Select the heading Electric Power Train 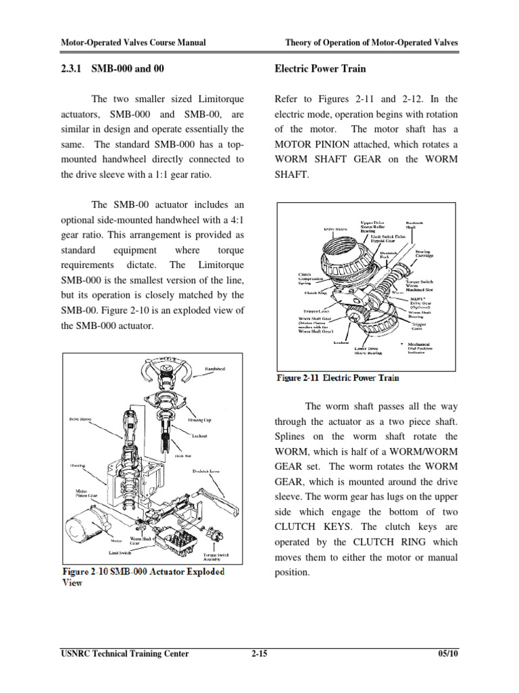pos(320,69)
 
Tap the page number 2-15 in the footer pos(259,654)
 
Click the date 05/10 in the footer pos(447,654)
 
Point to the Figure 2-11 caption pos(338,378)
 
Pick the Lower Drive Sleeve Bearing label pos(369,350)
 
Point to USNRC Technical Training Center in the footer pos(125,654)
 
